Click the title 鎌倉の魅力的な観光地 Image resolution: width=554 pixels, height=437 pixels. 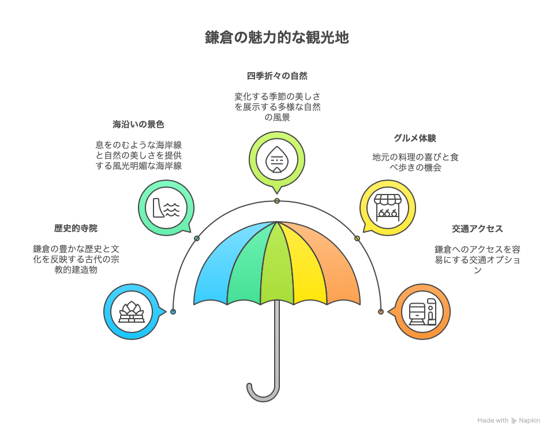point(277,38)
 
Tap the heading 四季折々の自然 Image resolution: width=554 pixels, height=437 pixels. point(277,76)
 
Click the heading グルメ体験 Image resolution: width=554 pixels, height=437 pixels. point(414,138)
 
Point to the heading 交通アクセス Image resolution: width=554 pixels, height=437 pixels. point(477,229)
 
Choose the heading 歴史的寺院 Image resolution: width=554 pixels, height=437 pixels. point(76,228)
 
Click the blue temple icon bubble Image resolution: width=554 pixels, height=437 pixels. point(132,312)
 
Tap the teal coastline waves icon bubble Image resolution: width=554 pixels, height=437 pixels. point(166,207)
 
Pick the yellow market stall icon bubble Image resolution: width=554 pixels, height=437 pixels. point(388,207)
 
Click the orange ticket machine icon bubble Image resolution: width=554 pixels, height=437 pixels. point(422,312)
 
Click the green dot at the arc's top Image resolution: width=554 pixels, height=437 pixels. point(277,201)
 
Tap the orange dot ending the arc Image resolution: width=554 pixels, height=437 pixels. point(381,312)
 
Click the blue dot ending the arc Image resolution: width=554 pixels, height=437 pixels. point(173,312)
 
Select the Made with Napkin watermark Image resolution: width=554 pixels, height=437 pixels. point(508,421)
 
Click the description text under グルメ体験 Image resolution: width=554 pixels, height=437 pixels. point(414,162)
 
